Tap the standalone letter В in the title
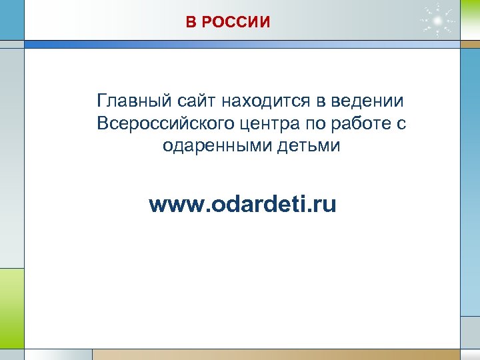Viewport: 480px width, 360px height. [x=191, y=23]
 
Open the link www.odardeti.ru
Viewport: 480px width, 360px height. [x=243, y=204]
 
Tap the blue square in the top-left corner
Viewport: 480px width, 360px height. [x=11, y=19]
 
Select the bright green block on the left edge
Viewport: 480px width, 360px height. [x=11, y=307]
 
